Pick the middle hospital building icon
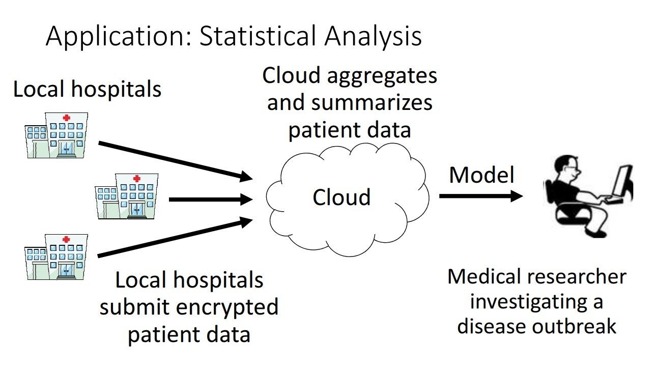(127, 195)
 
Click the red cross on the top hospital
(66, 118)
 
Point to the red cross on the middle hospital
(136, 179)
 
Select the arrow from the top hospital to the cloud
(175, 161)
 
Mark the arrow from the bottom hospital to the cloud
(175, 237)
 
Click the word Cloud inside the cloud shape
(341, 197)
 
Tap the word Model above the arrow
(481, 176)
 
